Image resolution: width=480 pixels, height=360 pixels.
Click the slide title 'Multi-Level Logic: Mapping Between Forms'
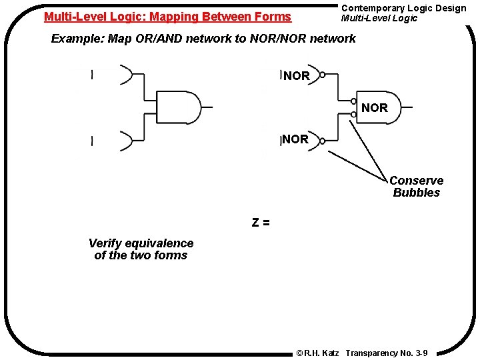click(x=167, y=17)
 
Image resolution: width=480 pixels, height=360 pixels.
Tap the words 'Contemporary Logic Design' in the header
click(x=403, y=8)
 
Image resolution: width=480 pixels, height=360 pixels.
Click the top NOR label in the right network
click(x=297, y=76)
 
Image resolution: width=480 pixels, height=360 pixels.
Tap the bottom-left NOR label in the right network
click(x=295, y=139)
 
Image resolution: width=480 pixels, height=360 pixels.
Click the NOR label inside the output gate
click(x=374, y=107)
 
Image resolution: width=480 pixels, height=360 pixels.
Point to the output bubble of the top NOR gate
click(x=323, y=75)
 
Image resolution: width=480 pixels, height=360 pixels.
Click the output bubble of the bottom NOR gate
click(x=322, y=141)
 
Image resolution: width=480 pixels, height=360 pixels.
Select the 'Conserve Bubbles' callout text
click(x=416, y=187)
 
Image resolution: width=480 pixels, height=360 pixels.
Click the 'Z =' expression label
click(x=261, y=223)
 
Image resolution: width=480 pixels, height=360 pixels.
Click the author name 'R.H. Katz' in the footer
click(x=323, y=353)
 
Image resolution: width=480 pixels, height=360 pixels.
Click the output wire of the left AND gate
click(x=207, y=107)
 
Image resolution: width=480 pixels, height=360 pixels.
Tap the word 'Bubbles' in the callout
click(x=416, y=193)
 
